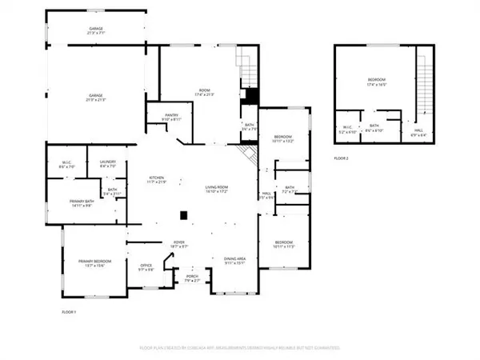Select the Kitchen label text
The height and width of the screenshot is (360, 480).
155,180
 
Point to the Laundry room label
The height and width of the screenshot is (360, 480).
108,164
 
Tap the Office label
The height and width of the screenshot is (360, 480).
146,267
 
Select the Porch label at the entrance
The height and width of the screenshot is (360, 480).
191,279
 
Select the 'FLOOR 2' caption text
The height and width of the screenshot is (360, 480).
342,158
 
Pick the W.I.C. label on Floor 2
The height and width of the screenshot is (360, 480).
348,128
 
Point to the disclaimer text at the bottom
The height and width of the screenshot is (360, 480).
240,349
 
